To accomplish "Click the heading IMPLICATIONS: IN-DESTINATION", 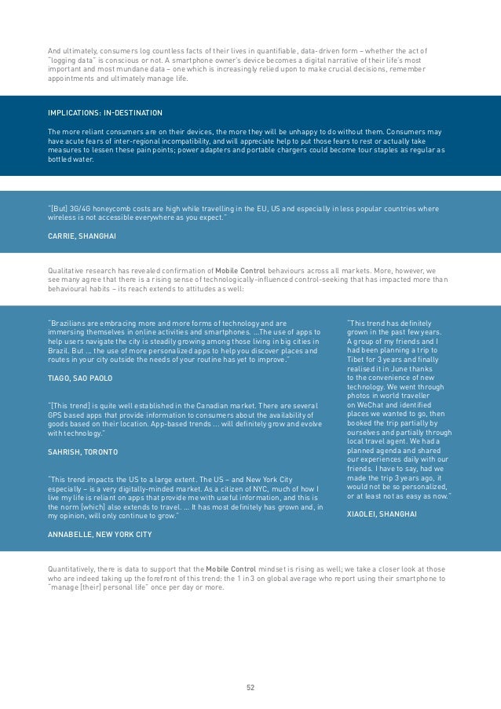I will tap(105, 113).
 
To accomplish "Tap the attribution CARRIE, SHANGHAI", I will tap(82, 236).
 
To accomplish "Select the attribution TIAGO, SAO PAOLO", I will tap(80, 378).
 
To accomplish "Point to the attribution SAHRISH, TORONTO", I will tap(83, 452).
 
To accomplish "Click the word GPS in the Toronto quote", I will tap(57, 415).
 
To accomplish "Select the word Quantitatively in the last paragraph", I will tap(73, 568).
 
